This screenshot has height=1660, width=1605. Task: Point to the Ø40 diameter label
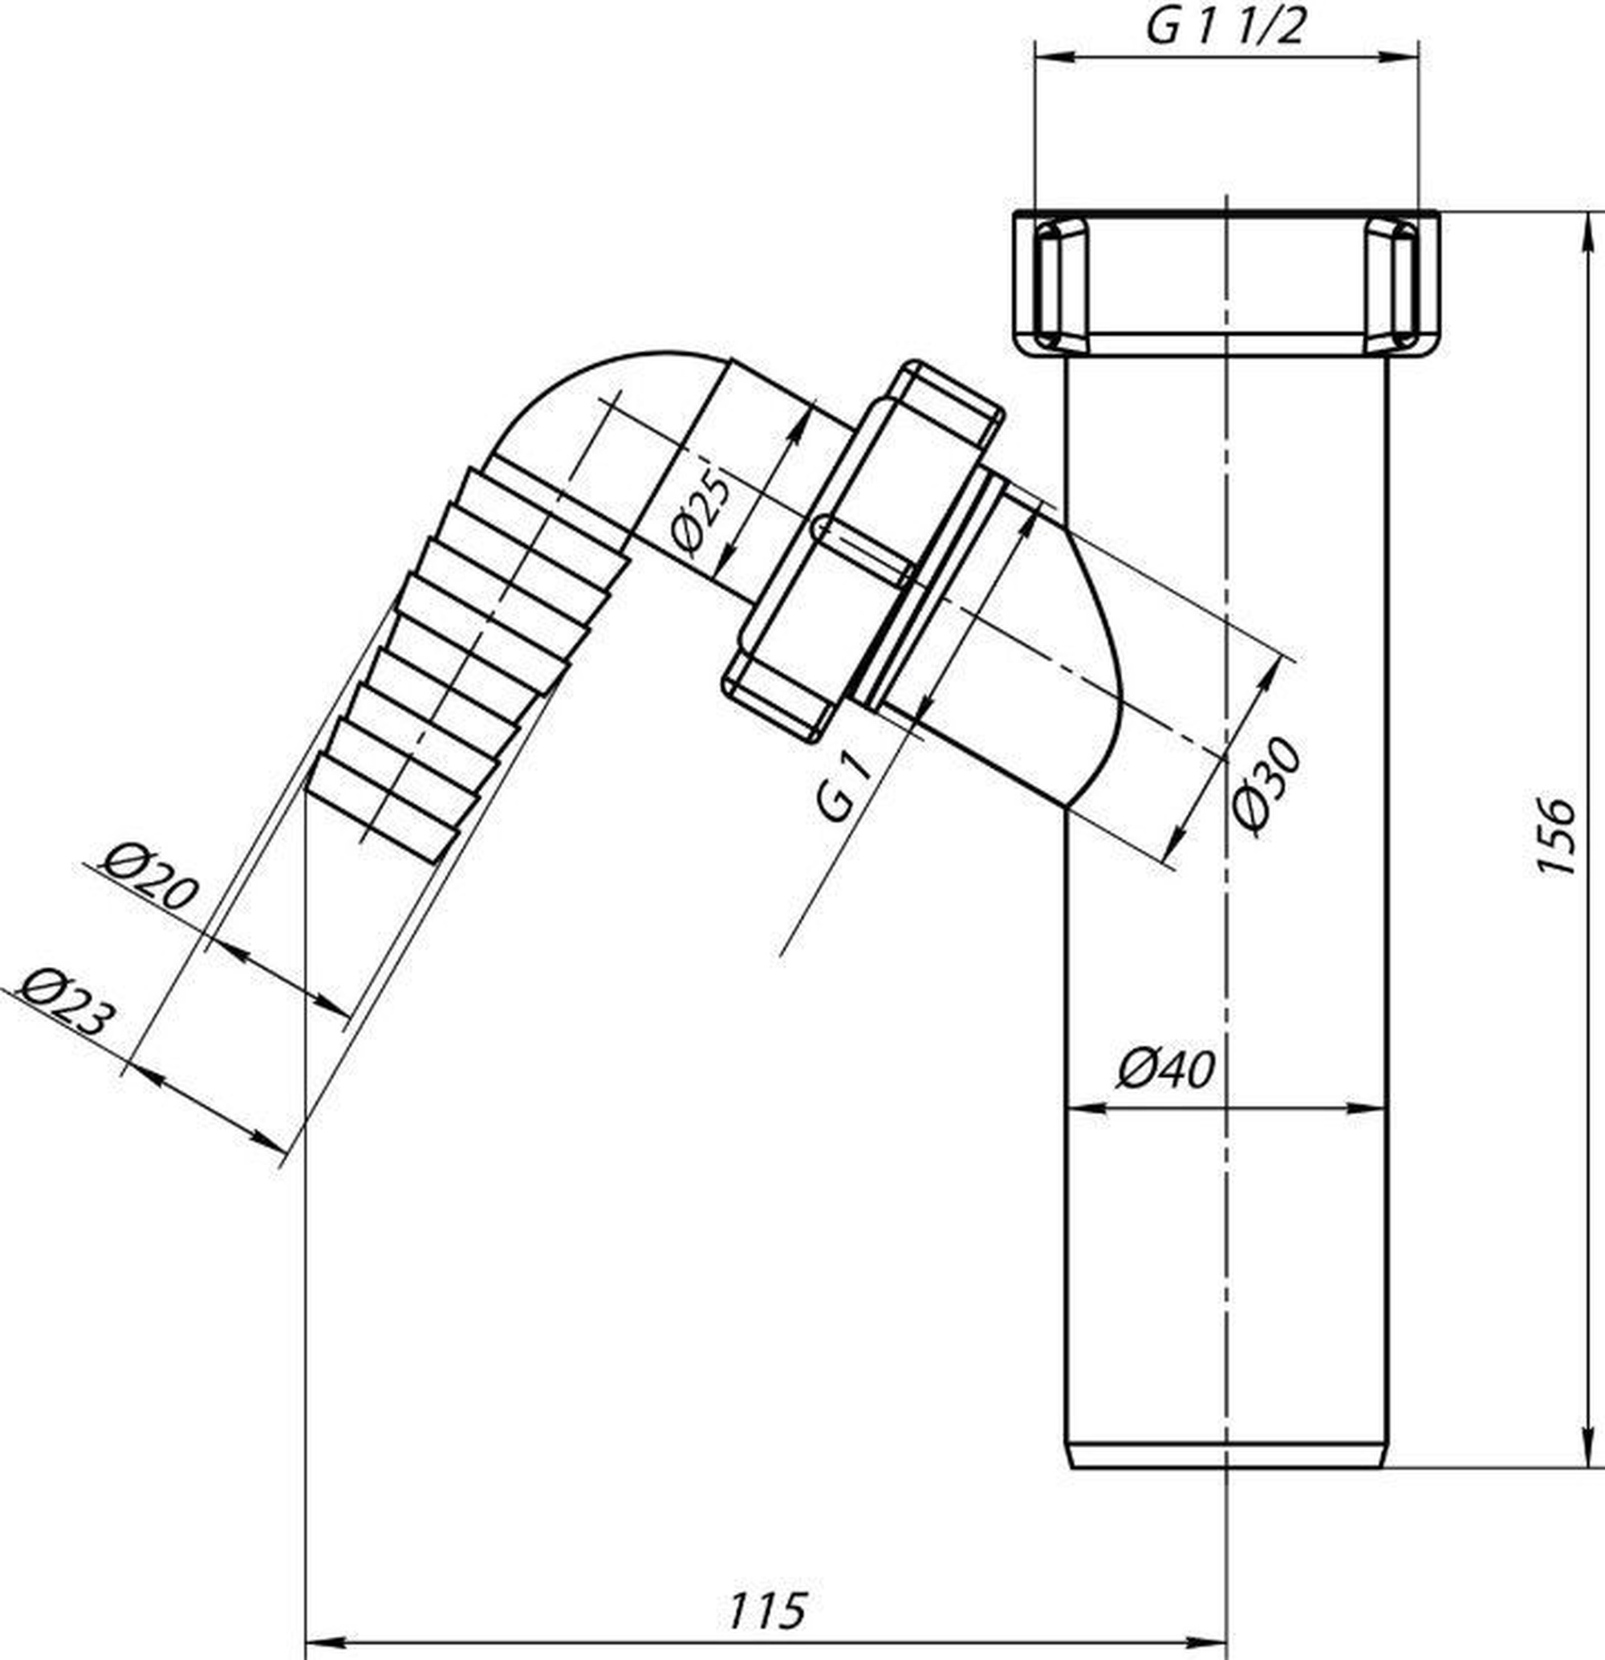tap(1166, 1070)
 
